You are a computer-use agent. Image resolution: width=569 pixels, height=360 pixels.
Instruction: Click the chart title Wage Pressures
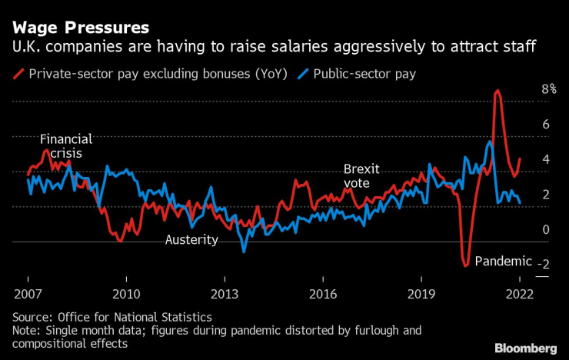point(80,28)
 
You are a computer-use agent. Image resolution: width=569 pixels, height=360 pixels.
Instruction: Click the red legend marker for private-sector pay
point(18,74)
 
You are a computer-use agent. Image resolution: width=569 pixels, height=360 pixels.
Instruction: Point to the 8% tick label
point(527,89)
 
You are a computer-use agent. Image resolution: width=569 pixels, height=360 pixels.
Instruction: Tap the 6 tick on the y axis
point(524,125)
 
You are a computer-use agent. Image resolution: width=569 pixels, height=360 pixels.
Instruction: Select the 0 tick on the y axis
point(524,229)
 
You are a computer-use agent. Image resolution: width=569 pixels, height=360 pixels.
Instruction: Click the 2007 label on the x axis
point(28,295)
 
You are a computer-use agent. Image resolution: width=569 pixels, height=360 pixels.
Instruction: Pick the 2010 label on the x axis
point(125,295)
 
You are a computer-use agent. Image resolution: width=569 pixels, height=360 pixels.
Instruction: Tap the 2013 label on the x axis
point(224,295)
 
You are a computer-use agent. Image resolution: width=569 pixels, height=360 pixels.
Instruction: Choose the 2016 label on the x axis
point(323,295)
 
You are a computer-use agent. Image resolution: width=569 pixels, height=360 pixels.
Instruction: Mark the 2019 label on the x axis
point(421,295)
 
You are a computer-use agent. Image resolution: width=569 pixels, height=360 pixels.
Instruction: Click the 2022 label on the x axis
point(520,295)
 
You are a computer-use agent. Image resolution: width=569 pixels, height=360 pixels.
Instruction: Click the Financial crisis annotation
point(66,146)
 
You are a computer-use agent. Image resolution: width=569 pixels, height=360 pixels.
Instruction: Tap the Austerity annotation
point(191,240)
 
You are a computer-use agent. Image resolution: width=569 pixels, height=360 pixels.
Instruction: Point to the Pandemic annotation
point(503,261)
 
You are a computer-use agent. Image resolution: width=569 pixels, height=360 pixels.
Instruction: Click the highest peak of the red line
point(497,91)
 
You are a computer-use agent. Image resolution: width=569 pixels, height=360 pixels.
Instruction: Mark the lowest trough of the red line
point(465,266)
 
